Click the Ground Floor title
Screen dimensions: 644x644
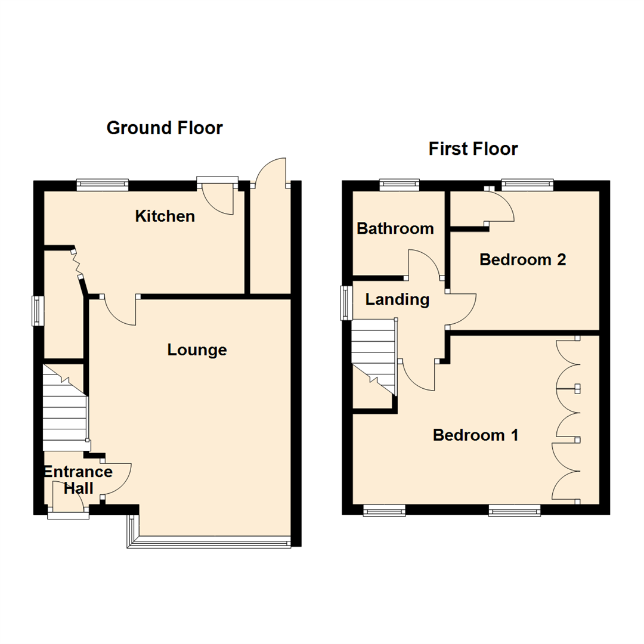click(165, 128)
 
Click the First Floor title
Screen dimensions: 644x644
click(473, 148)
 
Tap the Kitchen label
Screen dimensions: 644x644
click(165, 216)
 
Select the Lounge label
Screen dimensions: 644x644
click(197, 350)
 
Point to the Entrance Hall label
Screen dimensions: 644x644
click(78, 480)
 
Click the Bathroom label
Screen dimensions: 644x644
click(395, 228)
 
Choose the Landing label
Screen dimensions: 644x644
click(397, 299)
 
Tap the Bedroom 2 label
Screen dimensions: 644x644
click(522, 260)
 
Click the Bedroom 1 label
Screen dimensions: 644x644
click(475, 435)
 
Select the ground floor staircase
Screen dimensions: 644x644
click(65, 411)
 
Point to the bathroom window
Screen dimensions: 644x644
click(400, 184)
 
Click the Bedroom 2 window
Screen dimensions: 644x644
click(527, 184)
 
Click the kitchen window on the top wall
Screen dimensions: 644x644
click(102, 185)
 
